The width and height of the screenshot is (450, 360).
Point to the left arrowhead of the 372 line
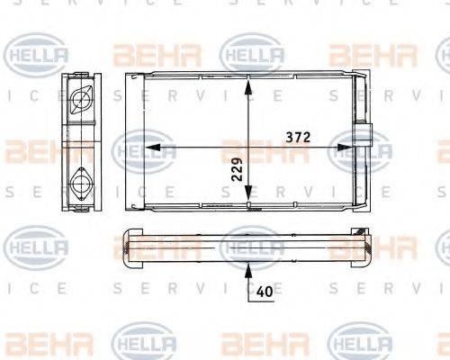point(151,146)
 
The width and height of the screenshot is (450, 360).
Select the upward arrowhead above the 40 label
point(247,265)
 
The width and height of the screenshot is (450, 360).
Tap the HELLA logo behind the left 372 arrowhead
point(144,148)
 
